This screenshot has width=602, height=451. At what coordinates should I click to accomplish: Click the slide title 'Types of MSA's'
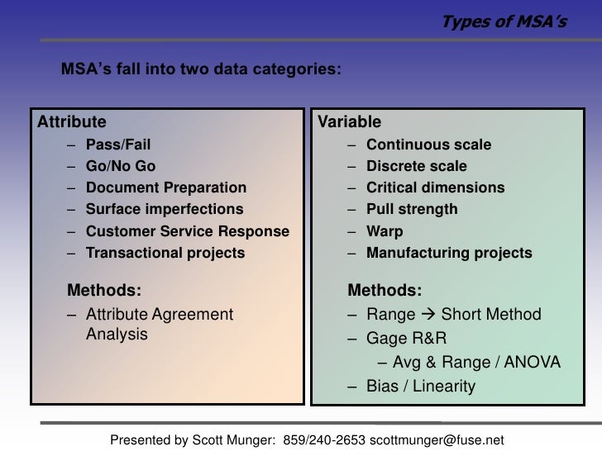point(504,21)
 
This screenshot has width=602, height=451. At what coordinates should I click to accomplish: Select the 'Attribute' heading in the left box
point(72,122)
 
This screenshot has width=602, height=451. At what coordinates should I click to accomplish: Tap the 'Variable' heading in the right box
point(349,122)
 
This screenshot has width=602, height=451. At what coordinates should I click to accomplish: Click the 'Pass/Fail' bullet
point(118,145)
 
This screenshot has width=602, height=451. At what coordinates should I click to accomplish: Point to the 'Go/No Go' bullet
point(121,167)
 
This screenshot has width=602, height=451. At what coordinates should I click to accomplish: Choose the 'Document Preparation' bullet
point(165,188)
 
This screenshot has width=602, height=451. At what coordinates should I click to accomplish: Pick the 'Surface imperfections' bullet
point(165,210)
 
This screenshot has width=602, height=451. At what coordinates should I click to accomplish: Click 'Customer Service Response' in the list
point(187,232)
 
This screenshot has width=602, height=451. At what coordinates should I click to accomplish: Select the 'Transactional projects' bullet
point(165,254)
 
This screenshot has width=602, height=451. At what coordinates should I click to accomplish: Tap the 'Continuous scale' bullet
point(428,145)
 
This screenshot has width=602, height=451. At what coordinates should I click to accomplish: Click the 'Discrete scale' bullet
point(416,167)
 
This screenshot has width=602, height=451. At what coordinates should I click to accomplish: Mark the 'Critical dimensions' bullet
point(435,188)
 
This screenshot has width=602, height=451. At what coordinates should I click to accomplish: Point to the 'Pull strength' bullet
point(411,210)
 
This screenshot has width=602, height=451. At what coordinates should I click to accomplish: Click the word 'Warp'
point(385,232)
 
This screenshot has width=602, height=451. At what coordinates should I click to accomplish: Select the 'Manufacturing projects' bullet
point(449,254)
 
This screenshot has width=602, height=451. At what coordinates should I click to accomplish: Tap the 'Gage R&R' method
point(400,339)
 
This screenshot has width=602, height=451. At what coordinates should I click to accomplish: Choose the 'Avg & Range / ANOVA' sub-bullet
point(476,363)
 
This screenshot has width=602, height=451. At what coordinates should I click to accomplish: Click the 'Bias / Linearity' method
point(421,386)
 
